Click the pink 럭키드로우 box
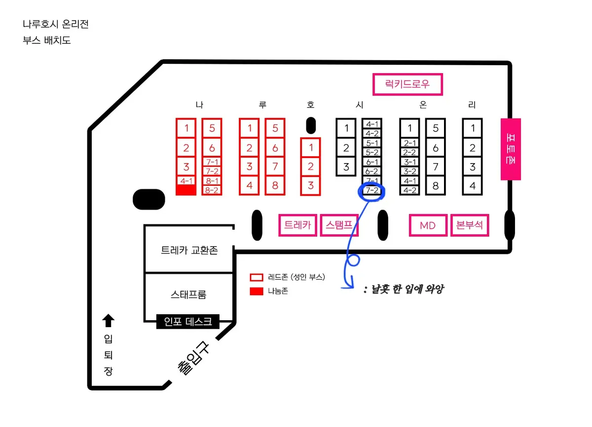click(407, 84)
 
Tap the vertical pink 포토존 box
click(511, 149)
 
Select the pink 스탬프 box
click(339, 226)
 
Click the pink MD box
click(428, 226)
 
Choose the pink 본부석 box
click(470, 226)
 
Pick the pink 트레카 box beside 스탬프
click(298, 226)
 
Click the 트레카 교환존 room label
click(189, 250)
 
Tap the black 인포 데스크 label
click(187, 322)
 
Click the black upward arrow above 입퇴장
click(108, 321)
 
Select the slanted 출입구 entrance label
click(193, 359)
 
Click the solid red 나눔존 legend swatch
click(257, 291)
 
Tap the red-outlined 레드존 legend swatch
click(257, 277)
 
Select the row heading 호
click(310, 105)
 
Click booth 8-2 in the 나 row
click(212, 190)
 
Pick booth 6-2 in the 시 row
click(372, 171)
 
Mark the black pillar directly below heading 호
click(311, 126)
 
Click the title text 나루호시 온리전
click(56, 24)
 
